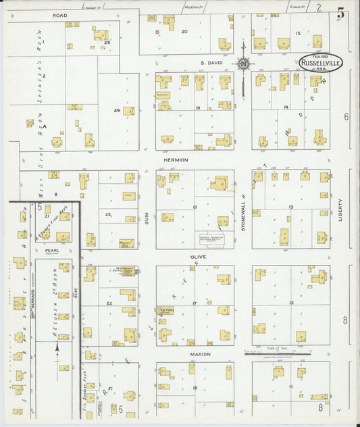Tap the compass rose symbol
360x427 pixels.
tap(242, 64)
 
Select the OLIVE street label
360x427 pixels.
tap(198, 257)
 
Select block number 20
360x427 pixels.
tap(184, 31)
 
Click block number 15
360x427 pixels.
tap(297, 32)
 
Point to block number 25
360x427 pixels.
tap(107, 42)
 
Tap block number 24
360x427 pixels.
tap(117, 110)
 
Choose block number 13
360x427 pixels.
tap(291, 207)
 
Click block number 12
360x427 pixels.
tap(291, 303)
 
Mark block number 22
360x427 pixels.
tap(109, 304)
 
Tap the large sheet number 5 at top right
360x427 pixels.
tap(342, 12)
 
